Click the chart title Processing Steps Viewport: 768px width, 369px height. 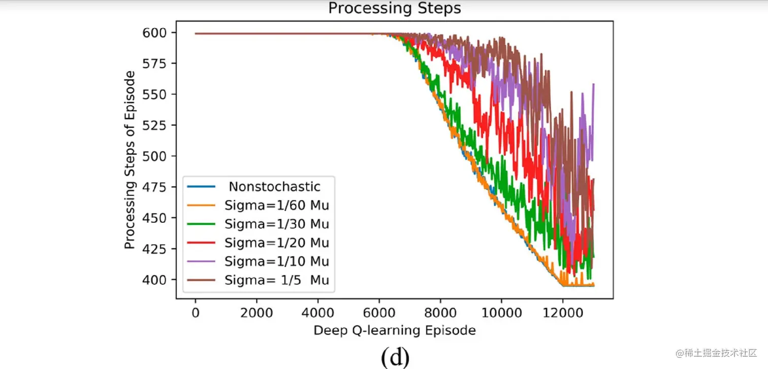(394, 9)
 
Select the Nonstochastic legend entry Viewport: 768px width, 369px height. (274, 187)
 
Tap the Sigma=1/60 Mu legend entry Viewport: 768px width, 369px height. (277, 206)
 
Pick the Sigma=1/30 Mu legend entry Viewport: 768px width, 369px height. (277, 224)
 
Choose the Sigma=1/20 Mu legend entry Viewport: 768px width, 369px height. (277, 243)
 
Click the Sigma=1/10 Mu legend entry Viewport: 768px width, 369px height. (277, 261)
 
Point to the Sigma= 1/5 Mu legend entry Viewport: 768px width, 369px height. (277, 280)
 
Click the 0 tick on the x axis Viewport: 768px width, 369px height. (196, 312)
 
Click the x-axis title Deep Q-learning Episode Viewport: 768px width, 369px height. (394, 331)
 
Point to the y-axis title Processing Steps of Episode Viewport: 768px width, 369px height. (130, 160)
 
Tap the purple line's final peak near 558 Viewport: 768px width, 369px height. (593, 84)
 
